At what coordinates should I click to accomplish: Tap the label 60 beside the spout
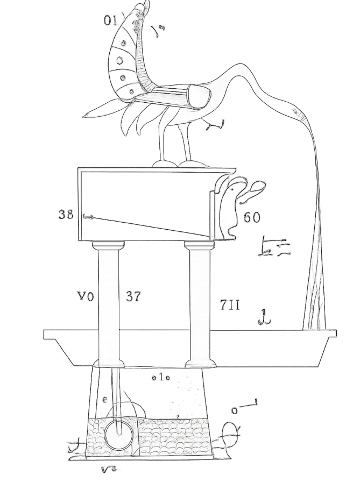[x=252, y=217]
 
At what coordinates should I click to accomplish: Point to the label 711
[x=229, y=305]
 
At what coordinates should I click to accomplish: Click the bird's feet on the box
[x=173, y=161]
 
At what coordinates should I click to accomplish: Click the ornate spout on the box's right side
[x=237, y=204]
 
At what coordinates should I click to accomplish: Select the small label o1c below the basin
[x=160, y=378]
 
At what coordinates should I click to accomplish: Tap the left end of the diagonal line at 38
[x=84, y=216]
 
